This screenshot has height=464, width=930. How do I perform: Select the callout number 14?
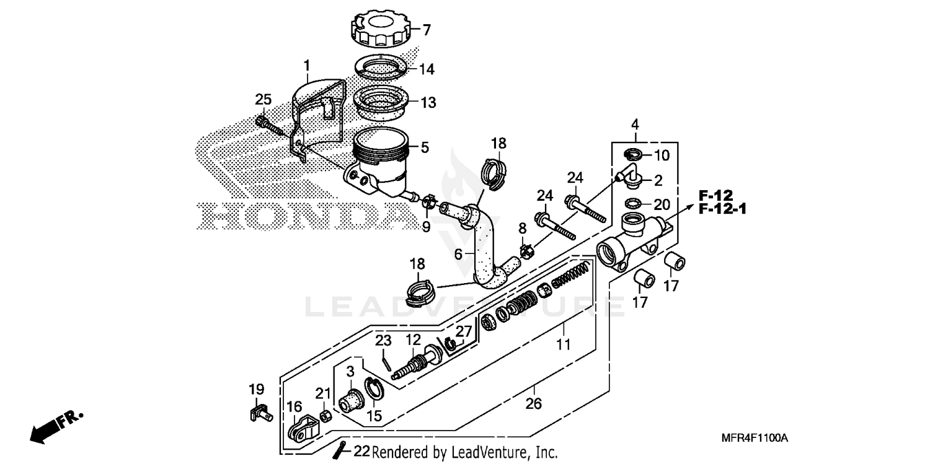(x=427, y=69)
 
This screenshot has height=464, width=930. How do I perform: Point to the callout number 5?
(x=425, y=147)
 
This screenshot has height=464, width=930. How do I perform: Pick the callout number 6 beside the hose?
(x=458, y=255)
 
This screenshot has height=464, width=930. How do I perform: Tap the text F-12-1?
(x=722, y=209)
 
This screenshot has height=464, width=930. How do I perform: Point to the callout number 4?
(x=635, y=124)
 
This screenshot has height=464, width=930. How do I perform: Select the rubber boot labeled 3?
(x=351, y=401)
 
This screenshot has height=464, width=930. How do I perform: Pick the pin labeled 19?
(x=259, y=413)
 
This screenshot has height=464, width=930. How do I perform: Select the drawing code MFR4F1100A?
(x=755, y=438)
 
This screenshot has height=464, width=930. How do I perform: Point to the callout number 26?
(x=533, y=405)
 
